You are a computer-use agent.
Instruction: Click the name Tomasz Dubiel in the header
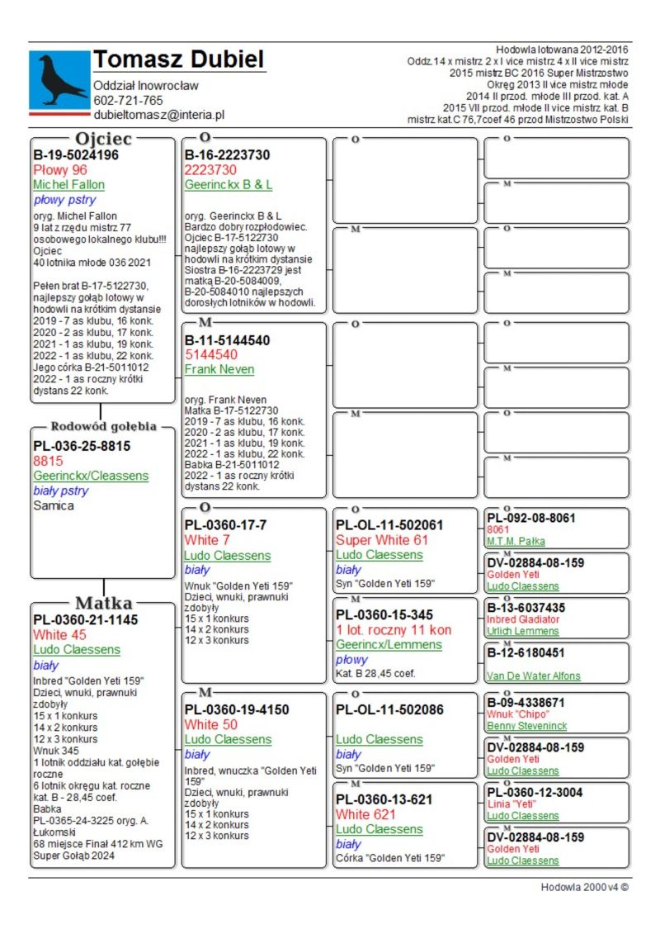pos(179,59)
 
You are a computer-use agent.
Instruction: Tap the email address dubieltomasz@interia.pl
pos(159,116)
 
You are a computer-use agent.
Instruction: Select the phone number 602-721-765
pos(128,101)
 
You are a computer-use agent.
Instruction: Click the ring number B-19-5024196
pos(76,154)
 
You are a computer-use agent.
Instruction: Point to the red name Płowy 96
pos(60,170)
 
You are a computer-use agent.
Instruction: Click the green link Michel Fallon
pos(68,185)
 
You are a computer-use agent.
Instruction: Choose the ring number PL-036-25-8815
pos(82,446)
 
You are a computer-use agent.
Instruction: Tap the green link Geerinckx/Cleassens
pos(91,476)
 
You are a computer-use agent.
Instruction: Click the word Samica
pos(54,506)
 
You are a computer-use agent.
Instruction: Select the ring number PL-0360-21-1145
pos(86,619)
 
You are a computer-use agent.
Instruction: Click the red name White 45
pos(59,635)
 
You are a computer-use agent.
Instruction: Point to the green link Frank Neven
pos(219,369)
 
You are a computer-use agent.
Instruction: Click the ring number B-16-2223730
pos(228,154)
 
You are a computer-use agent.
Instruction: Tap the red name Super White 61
pos(382,540)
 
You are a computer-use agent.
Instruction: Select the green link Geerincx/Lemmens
pos(389,645)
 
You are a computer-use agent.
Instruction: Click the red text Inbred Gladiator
pos(523,619)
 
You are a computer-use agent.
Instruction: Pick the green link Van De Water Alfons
pos(533,676)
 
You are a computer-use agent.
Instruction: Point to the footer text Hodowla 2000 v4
pos(584,888)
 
